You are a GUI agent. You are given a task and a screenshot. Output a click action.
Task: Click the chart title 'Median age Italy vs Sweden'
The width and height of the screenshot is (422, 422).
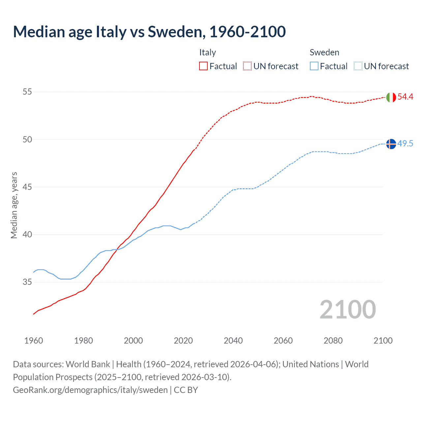pos(149,32)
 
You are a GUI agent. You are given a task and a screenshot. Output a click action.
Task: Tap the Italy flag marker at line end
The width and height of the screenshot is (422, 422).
pos(391,97)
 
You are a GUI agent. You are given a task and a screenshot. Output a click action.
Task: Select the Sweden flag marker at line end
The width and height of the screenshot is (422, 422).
pos(391,144)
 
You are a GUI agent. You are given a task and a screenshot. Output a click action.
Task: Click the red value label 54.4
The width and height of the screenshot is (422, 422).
pos(405,97)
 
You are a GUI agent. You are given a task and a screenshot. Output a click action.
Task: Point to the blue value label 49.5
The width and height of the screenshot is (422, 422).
pos(405,143)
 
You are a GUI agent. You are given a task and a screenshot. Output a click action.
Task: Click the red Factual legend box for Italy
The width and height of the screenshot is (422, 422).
pos(203,66)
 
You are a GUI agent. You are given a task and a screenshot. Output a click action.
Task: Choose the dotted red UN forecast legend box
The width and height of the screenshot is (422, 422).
pos(247,66)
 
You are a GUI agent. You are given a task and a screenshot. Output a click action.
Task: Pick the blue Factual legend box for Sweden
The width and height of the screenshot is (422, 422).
pos(314,66)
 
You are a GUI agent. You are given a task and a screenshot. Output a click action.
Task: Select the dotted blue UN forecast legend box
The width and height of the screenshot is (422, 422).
pos(358,66)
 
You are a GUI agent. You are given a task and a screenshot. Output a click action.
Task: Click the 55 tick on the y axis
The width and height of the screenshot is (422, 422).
pos(27,92)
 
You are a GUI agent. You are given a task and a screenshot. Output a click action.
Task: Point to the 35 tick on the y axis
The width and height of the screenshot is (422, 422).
pos(27,282)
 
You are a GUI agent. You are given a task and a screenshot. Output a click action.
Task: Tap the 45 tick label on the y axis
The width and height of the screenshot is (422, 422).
pos(27,187)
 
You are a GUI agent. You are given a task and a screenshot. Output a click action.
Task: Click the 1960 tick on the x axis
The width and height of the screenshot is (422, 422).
pos(34,341)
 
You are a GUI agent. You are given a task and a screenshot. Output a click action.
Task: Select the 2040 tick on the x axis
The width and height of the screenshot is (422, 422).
pos(233,341)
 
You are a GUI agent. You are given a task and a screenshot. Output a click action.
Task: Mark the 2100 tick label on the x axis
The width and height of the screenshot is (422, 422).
pos(383,341)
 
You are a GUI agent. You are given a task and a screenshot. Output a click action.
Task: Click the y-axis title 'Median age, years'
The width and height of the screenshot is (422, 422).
pos(14,205)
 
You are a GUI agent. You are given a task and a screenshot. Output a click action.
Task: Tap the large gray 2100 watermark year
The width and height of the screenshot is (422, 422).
pos(347,309)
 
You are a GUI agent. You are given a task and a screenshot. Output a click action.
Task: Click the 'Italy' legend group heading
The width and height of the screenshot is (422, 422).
pos(207,52)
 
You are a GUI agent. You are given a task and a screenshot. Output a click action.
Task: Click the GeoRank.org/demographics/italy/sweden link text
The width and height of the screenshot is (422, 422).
pos(90,390)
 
